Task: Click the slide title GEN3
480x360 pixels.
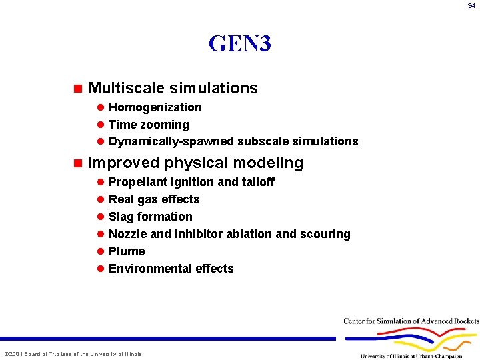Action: tap(239, 44)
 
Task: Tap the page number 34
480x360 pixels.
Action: tap(471, 6)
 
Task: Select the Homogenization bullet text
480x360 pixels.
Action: tap(155, 107)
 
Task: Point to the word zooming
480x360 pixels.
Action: tap(164, 125)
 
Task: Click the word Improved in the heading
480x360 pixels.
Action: tap(124, 163)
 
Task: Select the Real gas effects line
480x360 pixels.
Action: tap(154, 199)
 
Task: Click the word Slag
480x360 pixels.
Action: tap(121, 217)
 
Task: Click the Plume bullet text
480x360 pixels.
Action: tap(127, 251)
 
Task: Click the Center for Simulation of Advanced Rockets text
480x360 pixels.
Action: tap(411, 321)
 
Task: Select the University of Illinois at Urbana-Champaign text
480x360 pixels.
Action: tap(411, 356)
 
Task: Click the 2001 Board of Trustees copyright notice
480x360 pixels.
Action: tap(73, 353)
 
